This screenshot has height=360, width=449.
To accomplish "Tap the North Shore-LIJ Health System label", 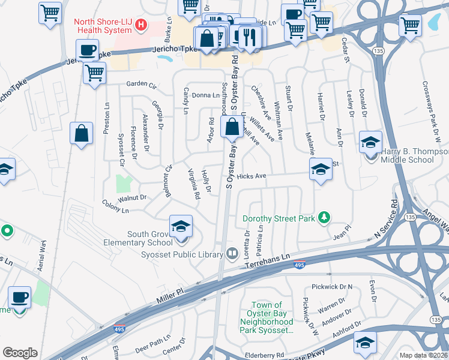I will point(103,26).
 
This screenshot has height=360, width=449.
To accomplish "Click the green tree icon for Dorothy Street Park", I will point(324,217).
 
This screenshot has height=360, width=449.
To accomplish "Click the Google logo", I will point(20,353).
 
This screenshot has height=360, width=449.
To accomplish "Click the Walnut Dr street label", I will point(133,197).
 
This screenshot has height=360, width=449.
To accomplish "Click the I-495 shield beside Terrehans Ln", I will point(298,264).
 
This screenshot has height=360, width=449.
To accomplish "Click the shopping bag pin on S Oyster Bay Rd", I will point(232,128).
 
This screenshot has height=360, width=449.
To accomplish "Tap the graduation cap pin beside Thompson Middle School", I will point(370,142).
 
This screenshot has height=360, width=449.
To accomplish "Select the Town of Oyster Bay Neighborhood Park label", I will point(267,318).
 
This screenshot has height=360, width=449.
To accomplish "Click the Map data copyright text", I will point(423,355).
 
